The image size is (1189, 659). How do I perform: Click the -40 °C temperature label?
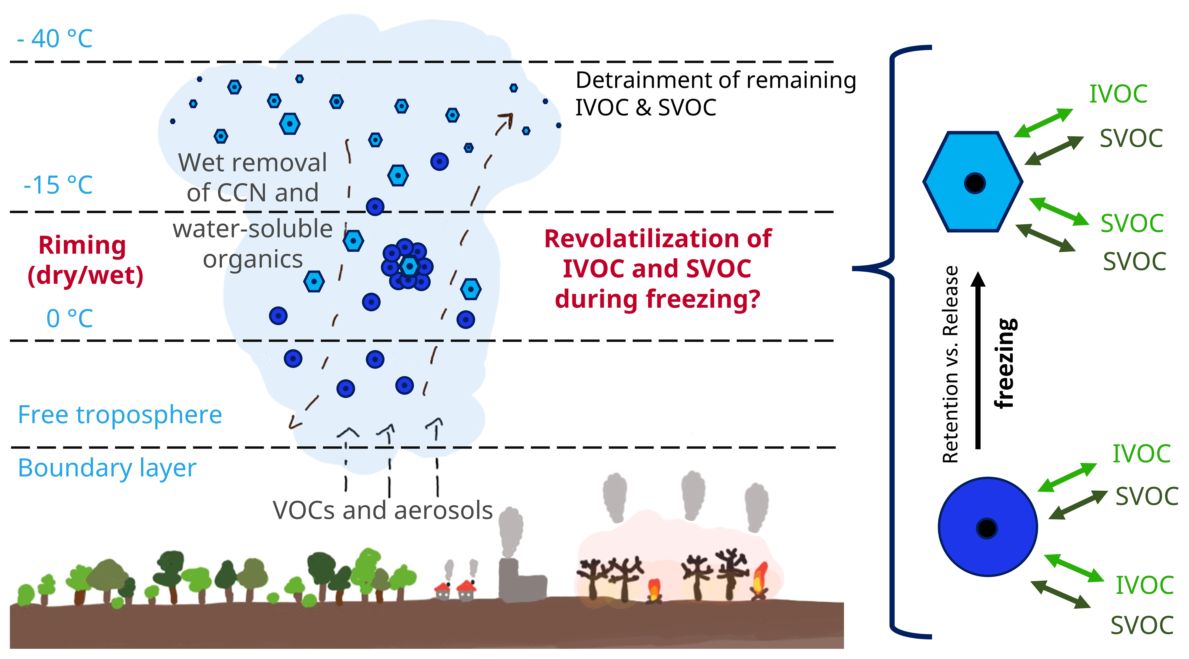[55, 39]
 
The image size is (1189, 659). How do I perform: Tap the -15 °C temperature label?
[58, 185]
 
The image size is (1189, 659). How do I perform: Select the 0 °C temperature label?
[70, 318]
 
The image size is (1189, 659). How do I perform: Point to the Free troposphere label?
[120, 415]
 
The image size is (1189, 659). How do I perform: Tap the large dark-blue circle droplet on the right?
[987, 527]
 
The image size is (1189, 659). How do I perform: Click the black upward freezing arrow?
[977, 360]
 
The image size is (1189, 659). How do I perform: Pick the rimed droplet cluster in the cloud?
[407, 265]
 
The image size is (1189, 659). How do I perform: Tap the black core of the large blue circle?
[987, 528]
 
